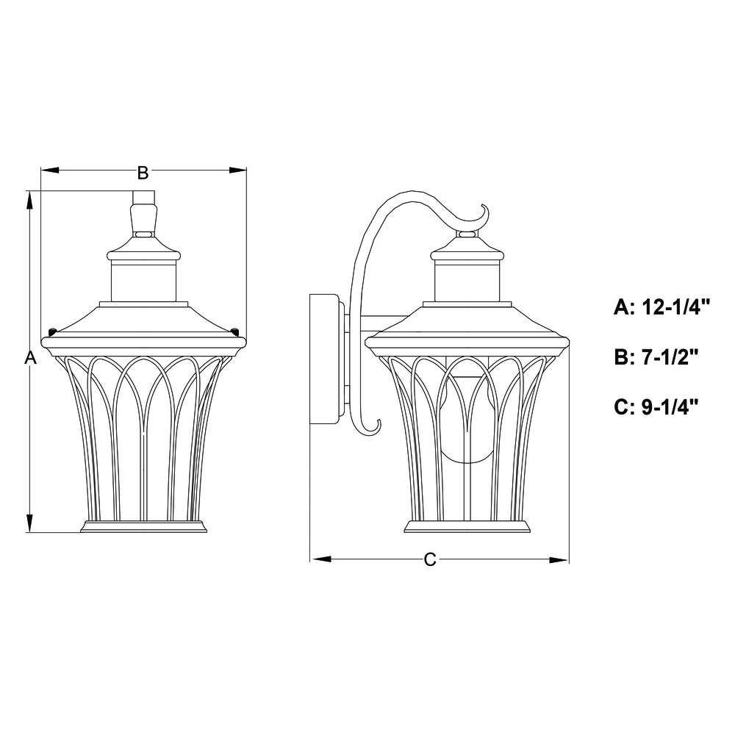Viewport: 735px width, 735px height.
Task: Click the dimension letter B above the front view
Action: point(143,173)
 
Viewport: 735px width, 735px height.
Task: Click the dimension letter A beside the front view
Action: point(30,358)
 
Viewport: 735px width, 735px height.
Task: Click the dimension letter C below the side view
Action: point(430,559)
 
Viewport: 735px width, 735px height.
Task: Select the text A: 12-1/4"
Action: point(662,307)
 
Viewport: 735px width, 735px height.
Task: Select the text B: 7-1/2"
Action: point(656,357)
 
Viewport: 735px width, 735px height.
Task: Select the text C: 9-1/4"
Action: point(656,407)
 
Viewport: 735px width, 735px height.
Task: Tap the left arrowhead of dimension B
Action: point(50,170)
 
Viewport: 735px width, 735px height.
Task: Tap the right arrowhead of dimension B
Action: point(237,170)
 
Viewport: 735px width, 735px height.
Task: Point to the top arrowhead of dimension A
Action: point(29,200)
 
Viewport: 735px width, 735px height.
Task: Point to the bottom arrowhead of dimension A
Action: point(29,523)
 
